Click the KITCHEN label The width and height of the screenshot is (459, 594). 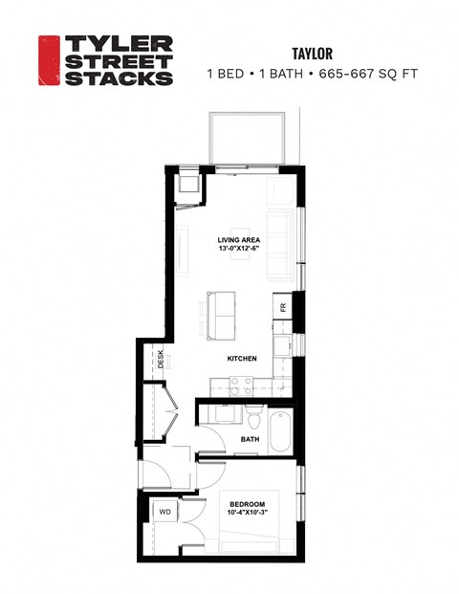[242, 359]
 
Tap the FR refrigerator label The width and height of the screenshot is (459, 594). [283, 307]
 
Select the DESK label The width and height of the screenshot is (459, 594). [161, 360]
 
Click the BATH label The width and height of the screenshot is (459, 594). [250, 439]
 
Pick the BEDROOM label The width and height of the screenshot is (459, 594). [246, 504]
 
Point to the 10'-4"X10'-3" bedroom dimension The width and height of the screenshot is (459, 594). [246, 515]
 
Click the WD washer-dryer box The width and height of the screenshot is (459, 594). [164, 513]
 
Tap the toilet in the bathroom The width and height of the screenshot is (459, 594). [253, 418]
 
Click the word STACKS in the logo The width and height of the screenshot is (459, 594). [118, 77]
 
